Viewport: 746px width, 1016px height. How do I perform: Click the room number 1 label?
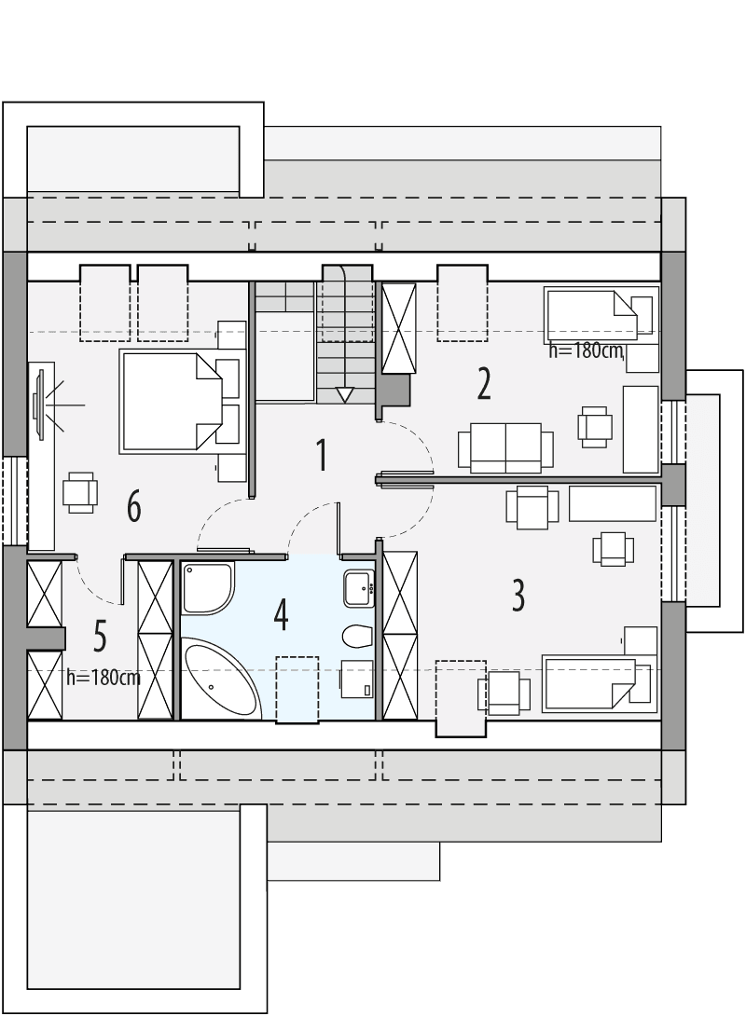tap(322, 457)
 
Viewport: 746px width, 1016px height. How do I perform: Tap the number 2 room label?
tap(483, 383)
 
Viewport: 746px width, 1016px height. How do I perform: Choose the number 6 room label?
tap(133, 508)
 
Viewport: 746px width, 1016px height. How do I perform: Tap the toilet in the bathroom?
tap(355, 637)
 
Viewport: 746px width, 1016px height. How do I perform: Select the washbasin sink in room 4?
tap(358, 588)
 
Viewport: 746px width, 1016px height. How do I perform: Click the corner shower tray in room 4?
tap(208, 588)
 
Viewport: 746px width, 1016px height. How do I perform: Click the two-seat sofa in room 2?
tap(499, 447)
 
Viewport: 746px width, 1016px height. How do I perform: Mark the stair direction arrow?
tap(344, 395)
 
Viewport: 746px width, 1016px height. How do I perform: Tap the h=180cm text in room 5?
tap(104, 678)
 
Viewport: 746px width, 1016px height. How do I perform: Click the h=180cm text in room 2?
tap(585, 351)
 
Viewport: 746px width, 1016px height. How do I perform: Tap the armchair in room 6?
tap(80, 491)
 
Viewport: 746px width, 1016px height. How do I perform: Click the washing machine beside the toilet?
tap(357, 678)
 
